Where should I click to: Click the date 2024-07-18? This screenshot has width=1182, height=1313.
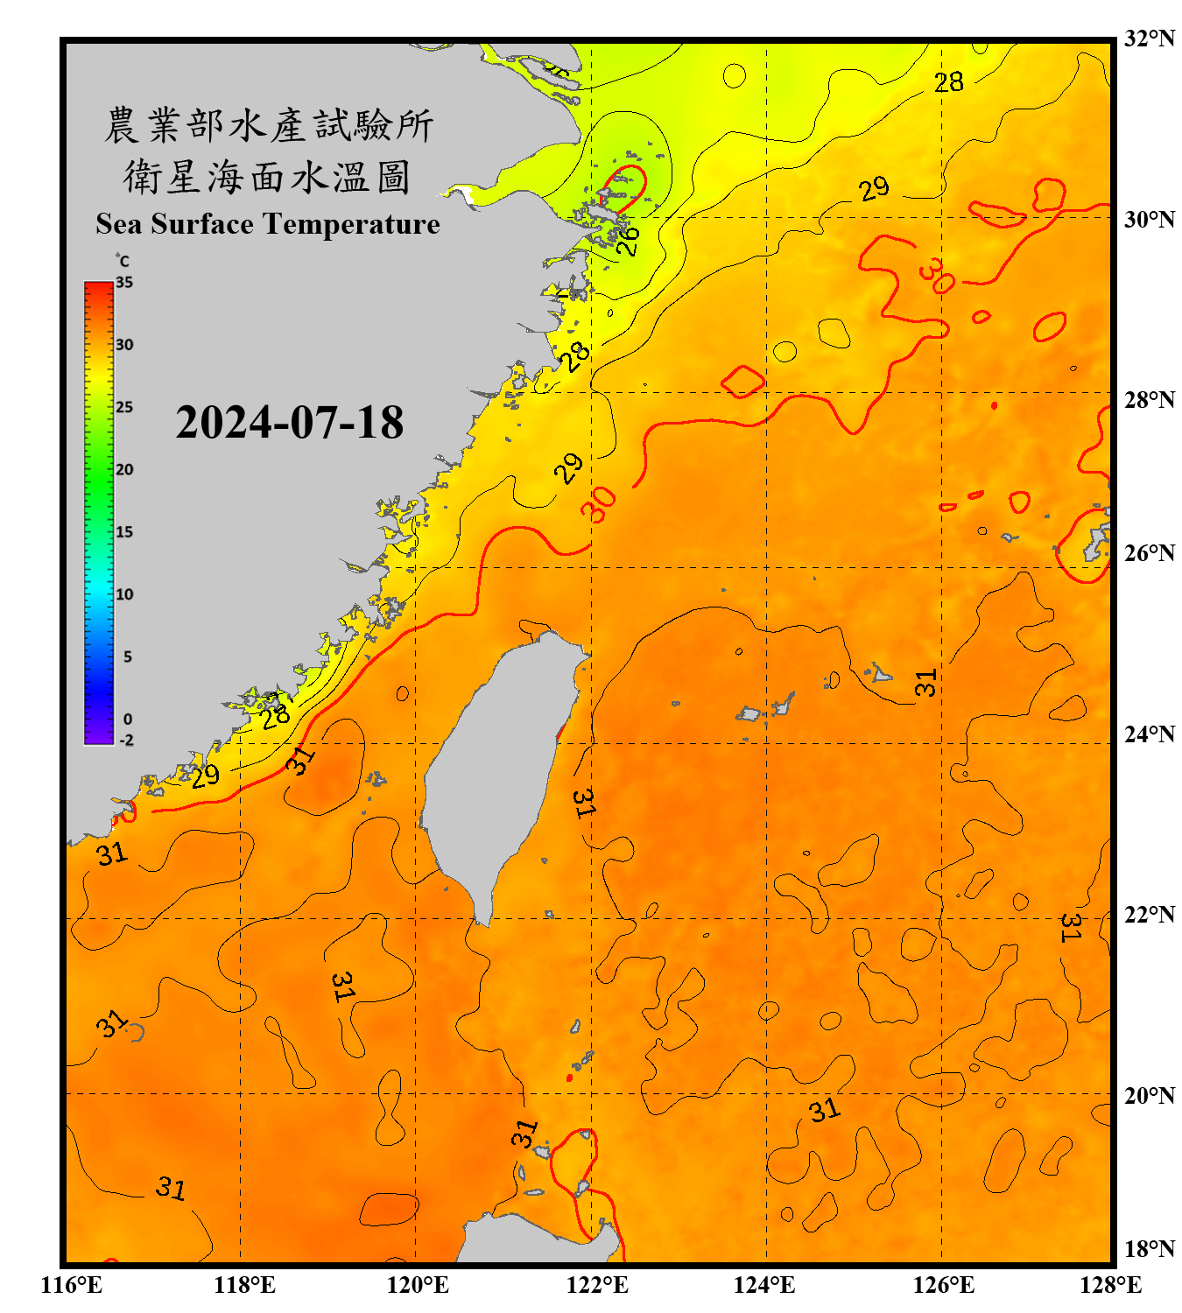click(x=289, y=423)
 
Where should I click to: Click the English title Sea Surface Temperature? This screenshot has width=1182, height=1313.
click(x=268, y=224)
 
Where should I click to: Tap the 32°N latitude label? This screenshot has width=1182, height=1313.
click(x=1149, y=39)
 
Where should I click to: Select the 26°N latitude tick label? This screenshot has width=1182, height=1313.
click(x=1149, y=553)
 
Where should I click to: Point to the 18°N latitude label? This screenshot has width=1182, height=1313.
click(x=1149, y=1249)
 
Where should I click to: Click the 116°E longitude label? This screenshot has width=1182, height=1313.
click(x=72, y=1285)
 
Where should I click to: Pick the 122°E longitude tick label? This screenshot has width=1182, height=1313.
click(x=597, y=1285)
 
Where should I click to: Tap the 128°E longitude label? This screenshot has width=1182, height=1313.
click(x=1110, y=1285)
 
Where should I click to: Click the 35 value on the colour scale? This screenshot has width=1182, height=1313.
click(x=124, y=283)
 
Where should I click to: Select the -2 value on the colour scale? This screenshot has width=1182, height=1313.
click(x=126, y=741)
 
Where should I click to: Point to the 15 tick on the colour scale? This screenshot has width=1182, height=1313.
click(x=124, y=532)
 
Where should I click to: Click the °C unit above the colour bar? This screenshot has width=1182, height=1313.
click(x=123, y=261)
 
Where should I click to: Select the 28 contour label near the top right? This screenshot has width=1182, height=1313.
click(x=948, y=82)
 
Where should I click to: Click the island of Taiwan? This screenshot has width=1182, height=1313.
click(x=499, y=762)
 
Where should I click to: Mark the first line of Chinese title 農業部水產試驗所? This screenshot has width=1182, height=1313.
click(x=268, y=125)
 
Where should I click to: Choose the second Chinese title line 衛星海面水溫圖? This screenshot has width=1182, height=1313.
click(x=267, y=178)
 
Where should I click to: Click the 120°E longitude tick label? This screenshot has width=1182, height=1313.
click(x=418, y=1285)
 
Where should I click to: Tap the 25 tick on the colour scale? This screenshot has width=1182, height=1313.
click(x=124, y=407)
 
